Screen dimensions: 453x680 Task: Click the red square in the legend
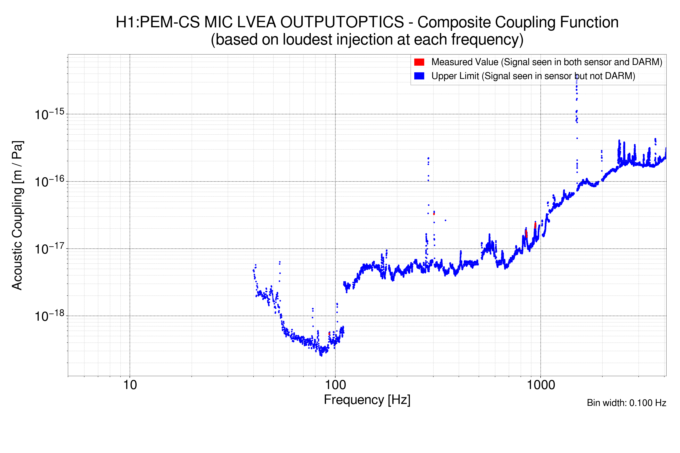pyautogui.click(x=419, y=62)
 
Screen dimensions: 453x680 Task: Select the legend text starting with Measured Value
pyautogui.click(x=546, y=62)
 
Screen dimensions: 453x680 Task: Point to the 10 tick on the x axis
pyautogui.click(x=130, y=385)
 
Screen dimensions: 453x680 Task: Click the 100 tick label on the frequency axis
pyautogui.click(x=335, y=385)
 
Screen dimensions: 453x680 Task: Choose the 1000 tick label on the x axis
pyautogui.click(x=541, y=385)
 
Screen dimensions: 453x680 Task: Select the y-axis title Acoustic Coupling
pyautogui.click(x=17, y=215)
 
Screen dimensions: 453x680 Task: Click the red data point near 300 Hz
pyautogui.click(x=434, y=214)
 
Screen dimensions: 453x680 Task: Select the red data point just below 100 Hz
pyautogui.click(x=329, y=334)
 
